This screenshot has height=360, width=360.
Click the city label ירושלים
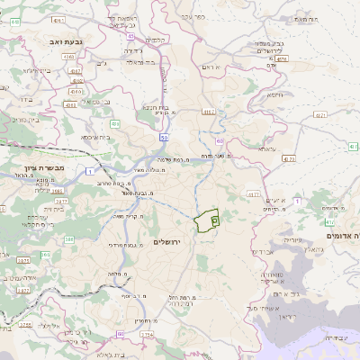coord(168,243)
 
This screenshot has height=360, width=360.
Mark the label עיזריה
coord(291,240)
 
